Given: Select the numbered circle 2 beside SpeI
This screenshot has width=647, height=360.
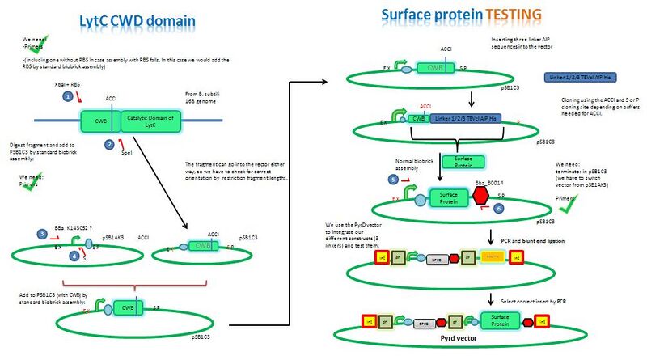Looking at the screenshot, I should pyautogui.click(x=110, y=144).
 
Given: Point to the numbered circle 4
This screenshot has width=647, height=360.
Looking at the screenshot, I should pyautogui.click(x=74, y=256).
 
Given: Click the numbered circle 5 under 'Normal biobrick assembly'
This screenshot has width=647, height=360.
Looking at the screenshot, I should pyautogui.click(x=392, y=178).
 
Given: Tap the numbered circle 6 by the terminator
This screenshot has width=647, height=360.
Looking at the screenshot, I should pyautogui.click(x=497, y=207).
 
